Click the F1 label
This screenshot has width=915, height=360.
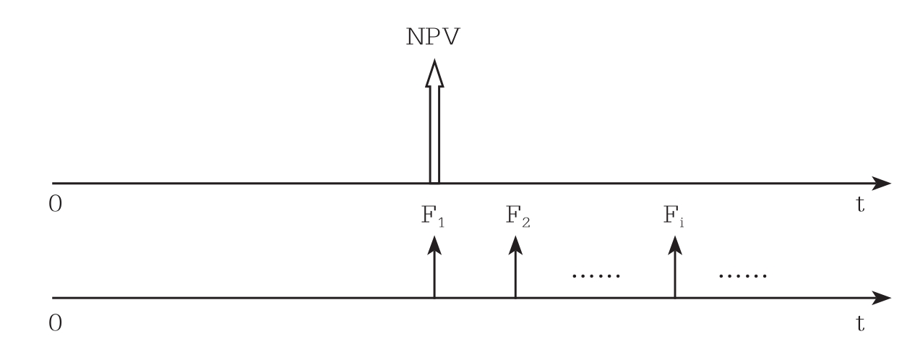click(433, 219)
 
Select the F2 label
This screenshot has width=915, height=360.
click(517, 219)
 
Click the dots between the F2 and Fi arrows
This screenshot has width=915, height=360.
click(596, 277)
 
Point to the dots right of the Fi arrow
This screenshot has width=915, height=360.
click(743, 277)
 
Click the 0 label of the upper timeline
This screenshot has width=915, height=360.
click(56, 205)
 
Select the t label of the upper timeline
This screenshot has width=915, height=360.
click(860, 205)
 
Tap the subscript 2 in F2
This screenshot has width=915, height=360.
click(525, 223)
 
